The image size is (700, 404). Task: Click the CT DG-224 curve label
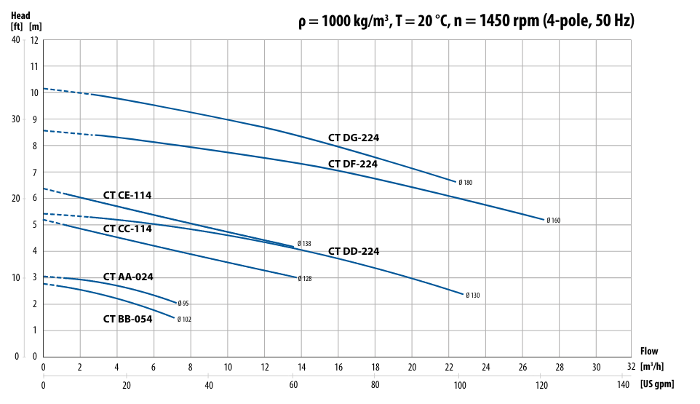[353, 138]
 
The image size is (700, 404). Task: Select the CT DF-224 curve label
[353, 164]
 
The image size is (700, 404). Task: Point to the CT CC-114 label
[127, 229]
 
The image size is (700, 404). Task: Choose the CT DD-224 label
[354, 251]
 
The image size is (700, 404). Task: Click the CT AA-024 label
[128, 277]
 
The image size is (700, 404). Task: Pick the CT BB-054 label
[127, 319]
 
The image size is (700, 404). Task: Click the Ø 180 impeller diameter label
[466, 183]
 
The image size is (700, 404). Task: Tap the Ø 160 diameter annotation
[554, 221]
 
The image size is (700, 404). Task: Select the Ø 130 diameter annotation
[473, 296]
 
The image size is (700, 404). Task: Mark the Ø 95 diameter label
[183, 304]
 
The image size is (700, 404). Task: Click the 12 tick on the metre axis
[33, 39]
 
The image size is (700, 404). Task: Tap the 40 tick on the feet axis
[16, 39]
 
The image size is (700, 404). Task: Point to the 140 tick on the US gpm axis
[624, 385]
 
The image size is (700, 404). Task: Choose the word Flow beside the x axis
[648, 352]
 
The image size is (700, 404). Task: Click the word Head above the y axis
[21, 15]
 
